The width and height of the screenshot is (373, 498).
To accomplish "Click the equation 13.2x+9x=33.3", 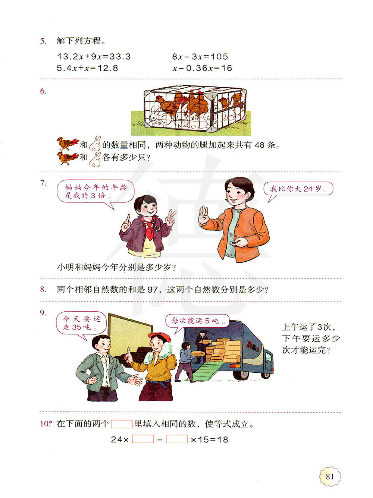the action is (94, 57).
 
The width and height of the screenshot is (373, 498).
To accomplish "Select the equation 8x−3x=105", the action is (200, 57).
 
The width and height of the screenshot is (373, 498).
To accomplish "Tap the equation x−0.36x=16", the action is (202, 68).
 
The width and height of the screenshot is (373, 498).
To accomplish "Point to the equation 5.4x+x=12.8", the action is (87, 68).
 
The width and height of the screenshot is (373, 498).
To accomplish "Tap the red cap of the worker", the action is (160, 336).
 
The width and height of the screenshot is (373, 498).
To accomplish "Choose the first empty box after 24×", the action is (143, 439).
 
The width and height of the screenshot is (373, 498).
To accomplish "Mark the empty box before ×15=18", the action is (177, 439).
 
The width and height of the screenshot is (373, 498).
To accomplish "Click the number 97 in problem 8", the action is (153, 290).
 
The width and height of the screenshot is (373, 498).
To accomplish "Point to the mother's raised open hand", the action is (204, 215).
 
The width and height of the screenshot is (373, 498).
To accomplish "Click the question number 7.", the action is (43, 183).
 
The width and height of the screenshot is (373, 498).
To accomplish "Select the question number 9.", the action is (43, 313).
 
